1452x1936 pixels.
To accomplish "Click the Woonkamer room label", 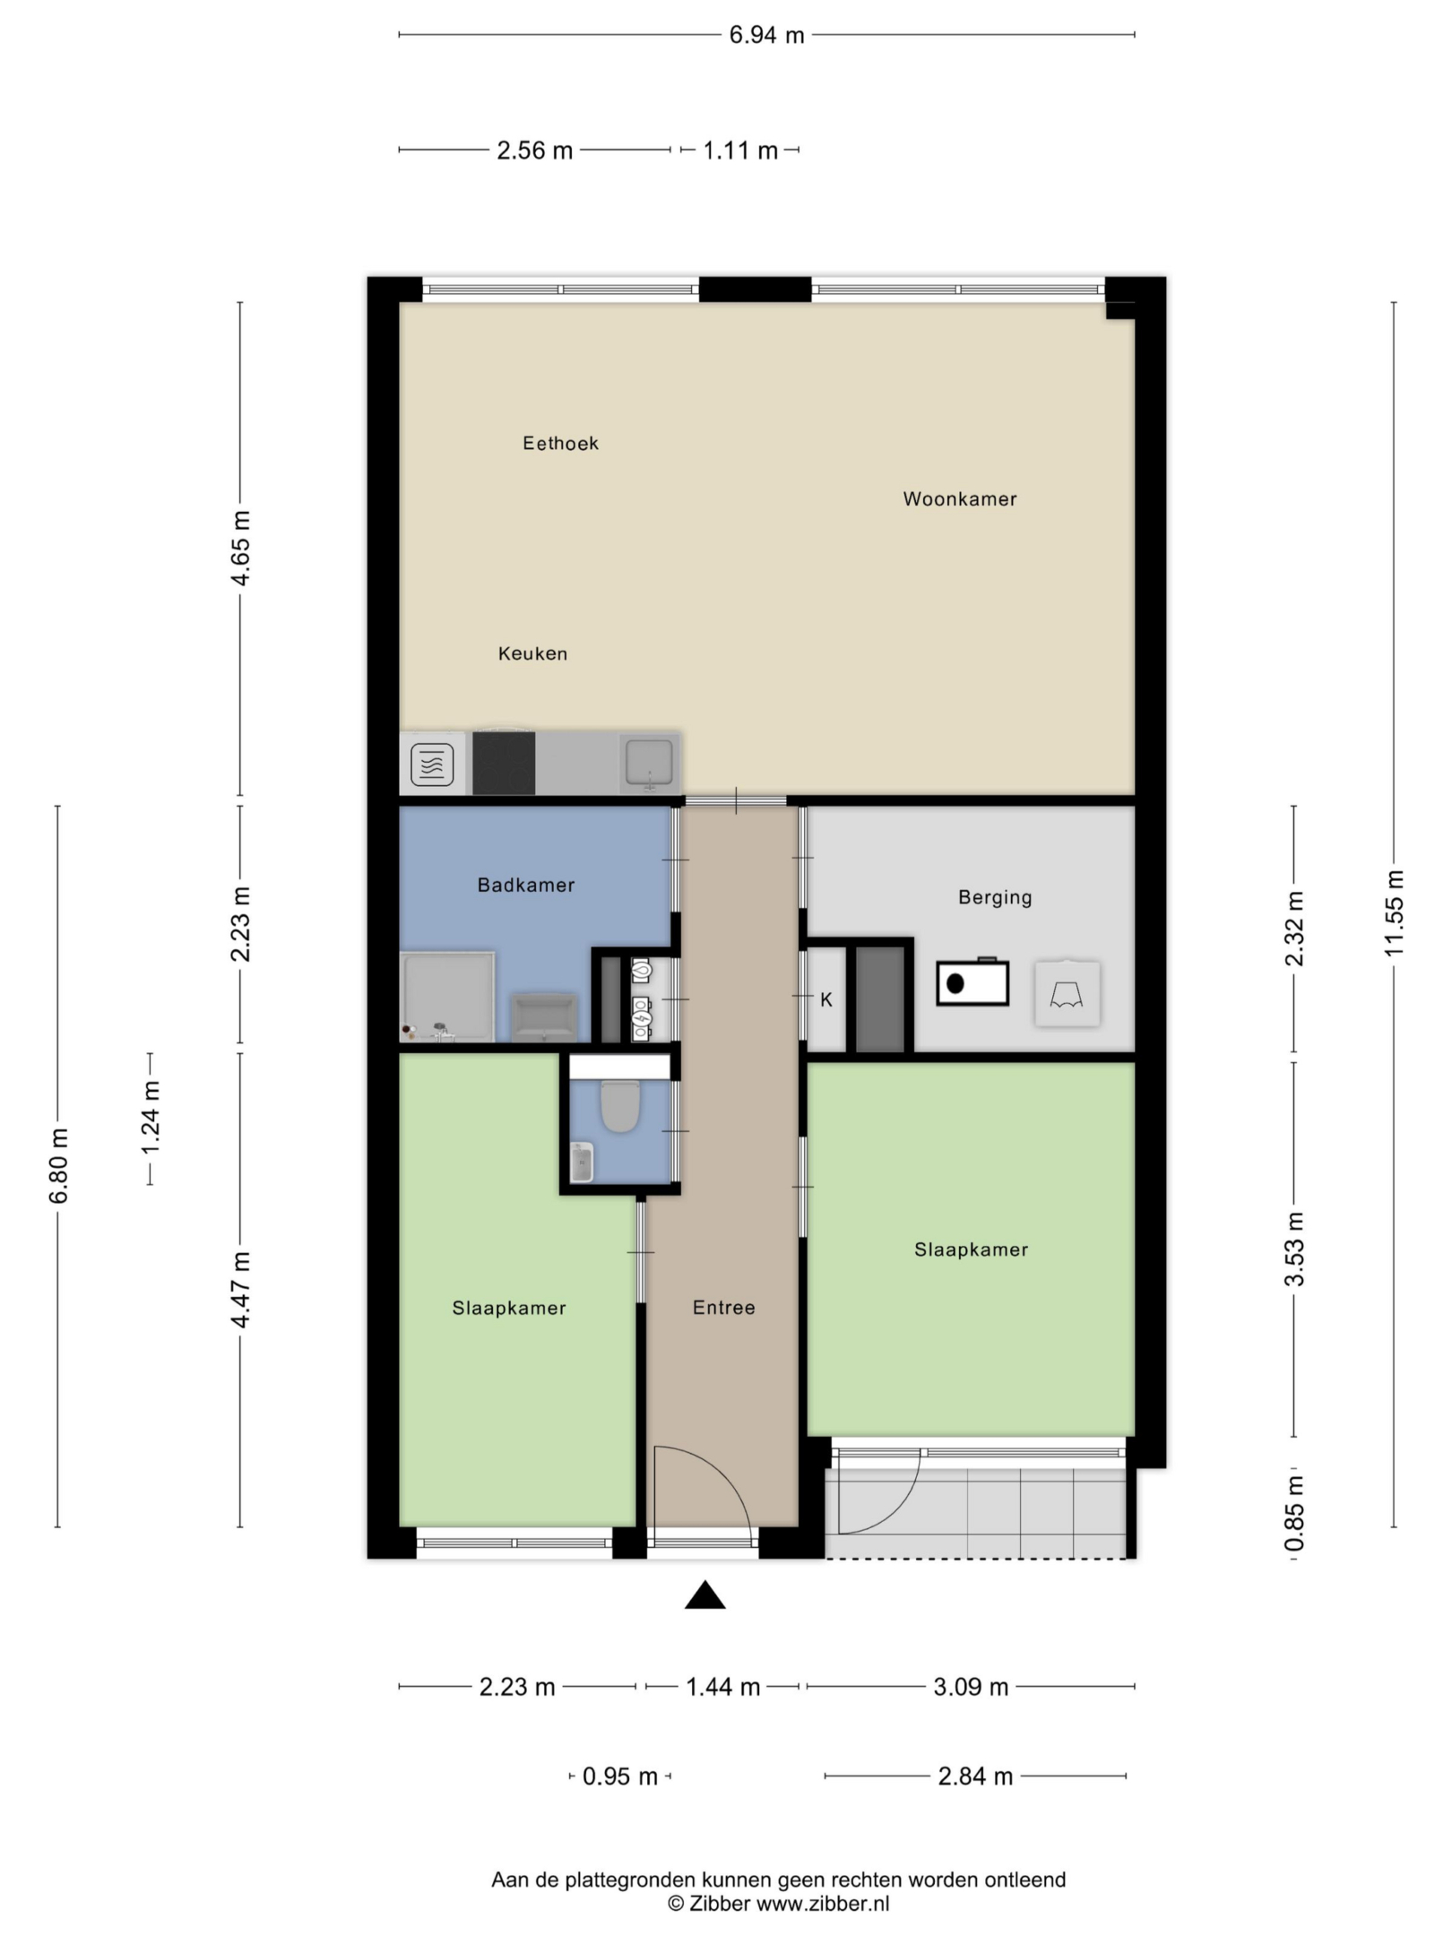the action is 959,499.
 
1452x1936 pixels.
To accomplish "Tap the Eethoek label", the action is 560,443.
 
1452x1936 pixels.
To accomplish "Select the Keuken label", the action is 532,653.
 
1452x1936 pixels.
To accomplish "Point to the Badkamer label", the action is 525,885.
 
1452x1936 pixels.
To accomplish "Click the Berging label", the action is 995,897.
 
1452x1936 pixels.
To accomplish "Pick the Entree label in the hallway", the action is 723,1308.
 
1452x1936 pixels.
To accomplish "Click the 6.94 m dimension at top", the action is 766,35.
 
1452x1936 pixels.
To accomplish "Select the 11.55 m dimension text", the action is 1394,913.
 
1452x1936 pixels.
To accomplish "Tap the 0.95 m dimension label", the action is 619,1776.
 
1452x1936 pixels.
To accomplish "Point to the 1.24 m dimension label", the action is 151,1118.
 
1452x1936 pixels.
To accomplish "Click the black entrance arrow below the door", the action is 705,1595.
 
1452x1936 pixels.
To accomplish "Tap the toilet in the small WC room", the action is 618,1106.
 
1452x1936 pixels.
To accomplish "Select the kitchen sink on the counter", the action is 649,762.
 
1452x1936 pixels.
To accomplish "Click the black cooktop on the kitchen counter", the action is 504,763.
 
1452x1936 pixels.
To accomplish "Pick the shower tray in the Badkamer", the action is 447,997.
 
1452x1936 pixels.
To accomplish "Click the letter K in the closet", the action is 826,999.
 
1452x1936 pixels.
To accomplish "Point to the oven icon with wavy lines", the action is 432,765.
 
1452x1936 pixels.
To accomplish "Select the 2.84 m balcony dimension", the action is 975,1776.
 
